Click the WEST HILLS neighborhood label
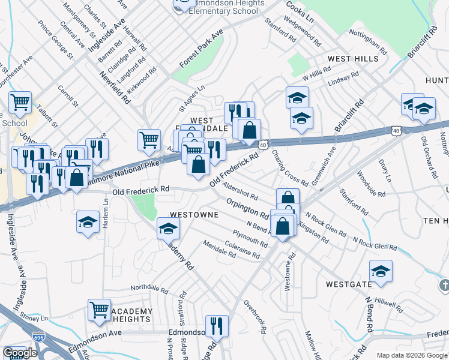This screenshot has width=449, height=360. pos(352,59)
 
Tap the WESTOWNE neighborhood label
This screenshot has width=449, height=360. pos(193,214)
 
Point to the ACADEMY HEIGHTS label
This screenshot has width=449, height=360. pos(131,315)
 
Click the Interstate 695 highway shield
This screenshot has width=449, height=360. pos(38,339)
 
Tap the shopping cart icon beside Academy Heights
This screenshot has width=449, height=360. pos(100,310)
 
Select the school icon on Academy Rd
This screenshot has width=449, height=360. pos(168,229)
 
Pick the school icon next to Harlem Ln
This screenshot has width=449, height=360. pos(88,221)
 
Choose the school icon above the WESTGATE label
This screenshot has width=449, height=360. pos(381,271)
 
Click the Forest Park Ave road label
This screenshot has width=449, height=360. pos(201,47)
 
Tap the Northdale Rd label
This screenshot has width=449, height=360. pos(148,287)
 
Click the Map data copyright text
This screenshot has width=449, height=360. pos(411,355)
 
